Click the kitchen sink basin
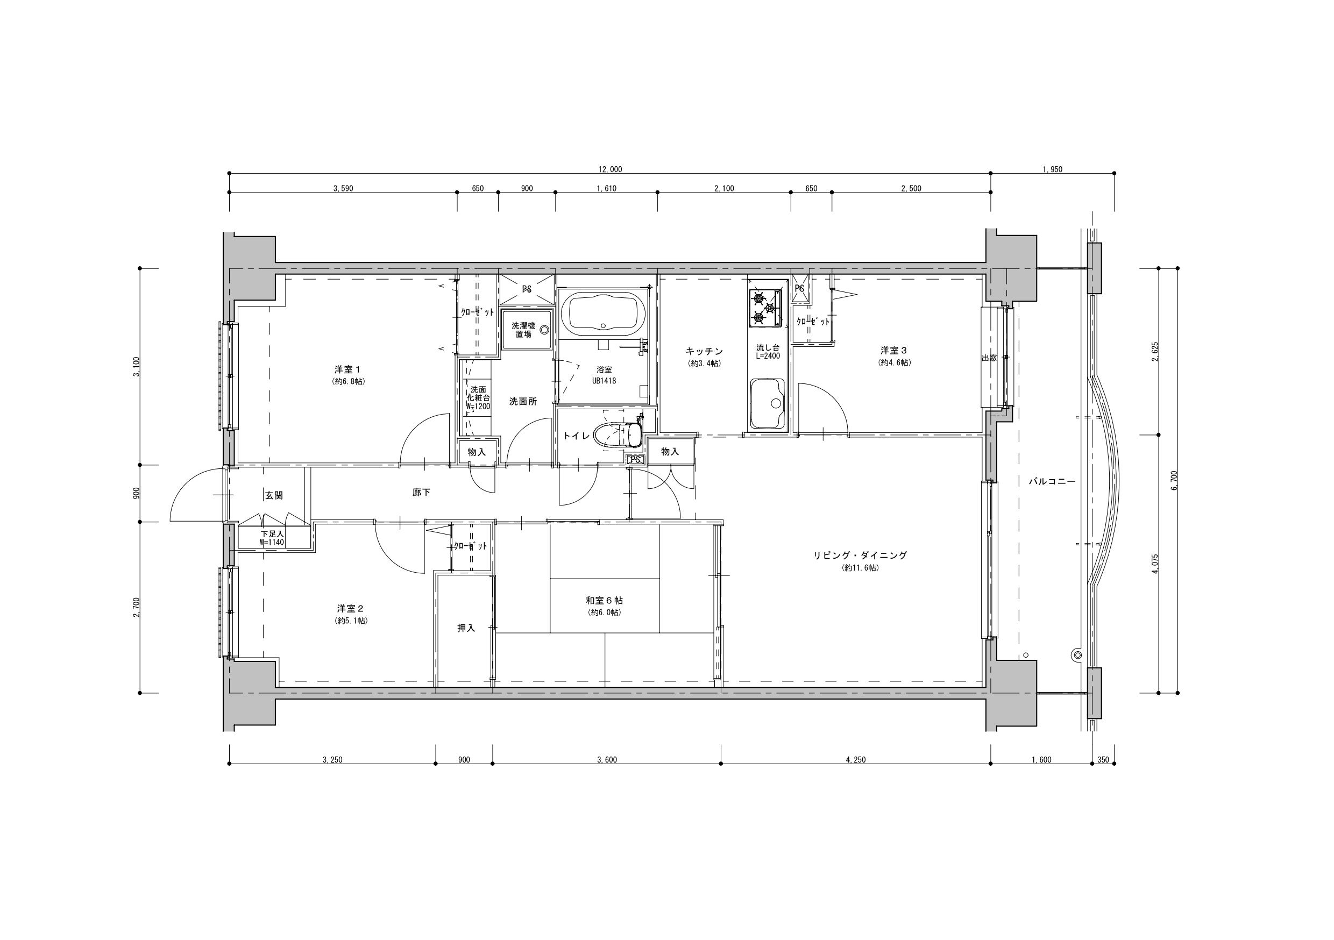click(x=767, y=404)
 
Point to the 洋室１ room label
click(x=348, y=369)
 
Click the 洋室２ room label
click(x=350, y=608)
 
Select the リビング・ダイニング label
click(x=860, y=555)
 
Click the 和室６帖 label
click(x=604, y=600)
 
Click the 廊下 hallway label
click(x=421, y=492)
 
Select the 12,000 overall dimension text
click(x=610, y=169)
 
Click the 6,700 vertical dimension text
click(x=1174, y=480)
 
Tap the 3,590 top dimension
click(x=343, y=188)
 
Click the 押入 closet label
click(x=466, y=628)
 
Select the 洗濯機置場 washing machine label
click(x=523, y=330)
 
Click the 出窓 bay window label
click(x=989, y=358)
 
